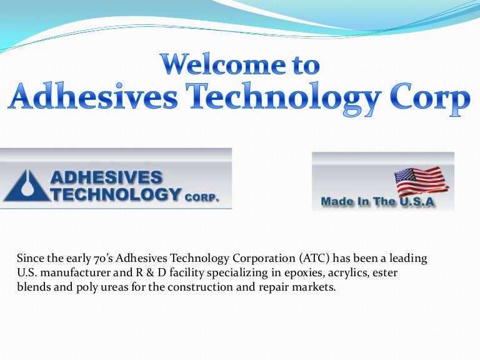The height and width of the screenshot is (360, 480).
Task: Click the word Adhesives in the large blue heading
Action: pyautogui.click(x=88, y=99)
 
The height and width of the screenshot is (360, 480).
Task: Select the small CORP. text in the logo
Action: pyautogui.click(x=201, y=197)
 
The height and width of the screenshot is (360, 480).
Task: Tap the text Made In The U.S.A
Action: pyautogui.click(x=377, y=202)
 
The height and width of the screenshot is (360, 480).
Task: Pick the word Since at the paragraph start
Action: pyautogui.click(x=29, y=258)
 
